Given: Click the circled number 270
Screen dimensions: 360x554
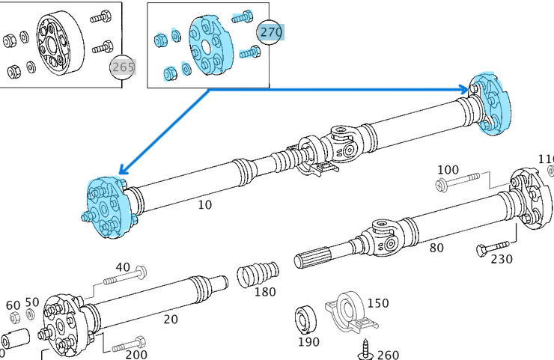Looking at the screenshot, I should [x=271, y=32].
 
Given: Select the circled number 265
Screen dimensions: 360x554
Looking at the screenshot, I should [x=123, y=67].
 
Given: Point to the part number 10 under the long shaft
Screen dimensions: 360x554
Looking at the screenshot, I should [x=204, y=204].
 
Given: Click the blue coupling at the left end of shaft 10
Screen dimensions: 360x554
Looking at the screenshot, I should [x=109, y=208].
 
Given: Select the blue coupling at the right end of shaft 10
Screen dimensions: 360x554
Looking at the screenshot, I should [x=493, y=104].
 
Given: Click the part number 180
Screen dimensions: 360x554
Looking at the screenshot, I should [x=265, y=292].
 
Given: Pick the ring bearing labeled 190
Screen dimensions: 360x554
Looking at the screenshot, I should [x=306, y=319].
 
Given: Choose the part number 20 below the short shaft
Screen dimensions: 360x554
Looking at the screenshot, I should [x=171, y=319].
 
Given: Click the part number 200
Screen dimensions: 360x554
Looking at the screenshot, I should [x=136, y=355].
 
